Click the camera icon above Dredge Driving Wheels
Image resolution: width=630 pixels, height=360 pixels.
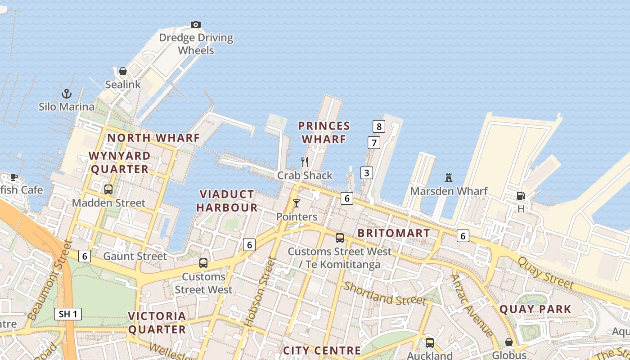pos(195,24)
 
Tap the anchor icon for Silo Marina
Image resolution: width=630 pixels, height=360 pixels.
pos(67,94)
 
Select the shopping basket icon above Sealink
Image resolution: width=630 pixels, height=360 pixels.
pos(122,71)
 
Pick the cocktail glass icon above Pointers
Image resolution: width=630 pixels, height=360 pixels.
pos(296,203)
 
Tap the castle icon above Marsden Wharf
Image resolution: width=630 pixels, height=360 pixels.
pos(448,178)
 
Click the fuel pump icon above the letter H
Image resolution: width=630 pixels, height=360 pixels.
pos(521,196)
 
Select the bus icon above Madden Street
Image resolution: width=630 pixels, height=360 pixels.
pos(108,189)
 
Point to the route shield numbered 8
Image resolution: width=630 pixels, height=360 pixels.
pos(379,126)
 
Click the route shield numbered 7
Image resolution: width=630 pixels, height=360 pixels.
pos(373,143)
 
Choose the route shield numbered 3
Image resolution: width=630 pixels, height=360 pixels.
pos(367,172)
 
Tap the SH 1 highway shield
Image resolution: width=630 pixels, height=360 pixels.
pos(68,314)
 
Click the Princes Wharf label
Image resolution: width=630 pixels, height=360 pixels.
pos(324,132)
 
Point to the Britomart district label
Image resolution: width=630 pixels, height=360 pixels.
pos(394,233)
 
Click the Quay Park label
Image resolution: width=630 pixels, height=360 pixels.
pos(535,309)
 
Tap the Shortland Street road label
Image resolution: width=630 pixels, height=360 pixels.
pos(385,293)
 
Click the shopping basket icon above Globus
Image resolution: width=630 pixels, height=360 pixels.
pos(509,342)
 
